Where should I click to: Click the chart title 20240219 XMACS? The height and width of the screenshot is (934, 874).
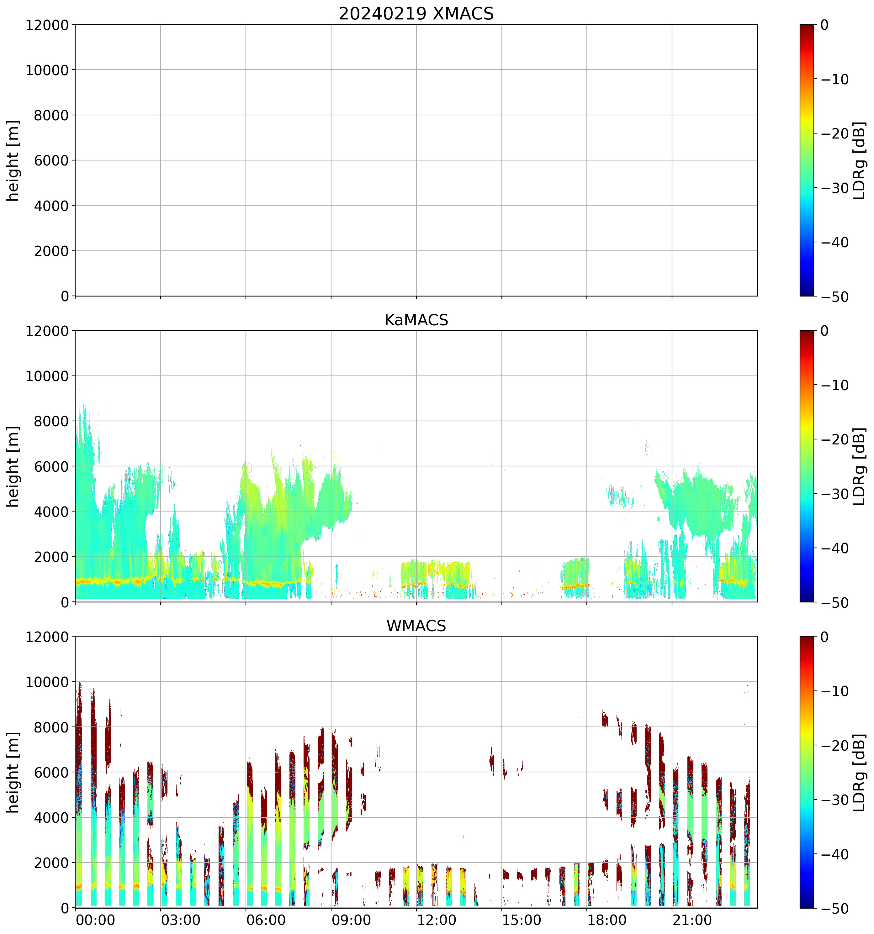[416, 13]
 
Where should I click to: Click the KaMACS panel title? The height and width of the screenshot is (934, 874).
[416, 320]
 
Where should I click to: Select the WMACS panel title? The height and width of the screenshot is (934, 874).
[416, 626]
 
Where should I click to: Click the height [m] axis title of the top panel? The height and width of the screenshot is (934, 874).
[13, 161]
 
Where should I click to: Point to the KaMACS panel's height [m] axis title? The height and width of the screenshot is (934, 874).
[13, 467]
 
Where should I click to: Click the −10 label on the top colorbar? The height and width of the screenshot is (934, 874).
[834, 79]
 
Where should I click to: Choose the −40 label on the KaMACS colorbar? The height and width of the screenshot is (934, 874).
[834, 548]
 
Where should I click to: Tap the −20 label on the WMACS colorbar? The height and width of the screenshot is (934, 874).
[834, 746]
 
